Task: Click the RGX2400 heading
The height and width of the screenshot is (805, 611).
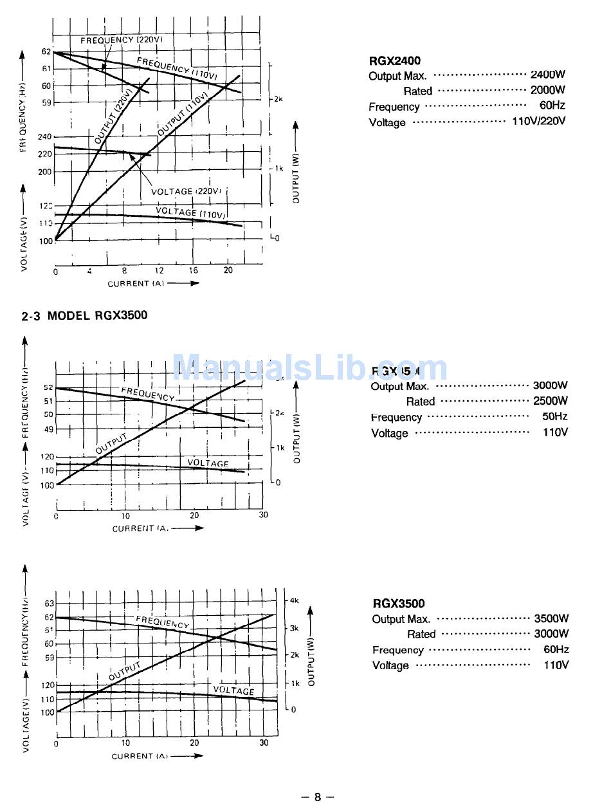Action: pyautogui.click(x=394, y=60)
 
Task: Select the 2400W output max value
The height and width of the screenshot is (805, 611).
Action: pyautogui.click(x=547, y=75)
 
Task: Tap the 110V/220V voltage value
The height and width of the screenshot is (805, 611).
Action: pyautogui.click(x=538, y=122)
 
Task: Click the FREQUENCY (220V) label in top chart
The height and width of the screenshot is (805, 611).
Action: pyautogui.click(x=122, y=40)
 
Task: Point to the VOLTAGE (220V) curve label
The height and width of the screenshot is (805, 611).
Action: pyautogui.click(x=187, y=191)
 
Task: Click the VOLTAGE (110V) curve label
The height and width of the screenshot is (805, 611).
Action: pyautogui.click(x=190, y=212)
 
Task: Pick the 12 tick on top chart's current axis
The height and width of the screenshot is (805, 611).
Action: pyautogui.click(x=159, y=271)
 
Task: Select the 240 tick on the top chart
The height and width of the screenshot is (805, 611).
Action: pyautogui.click(x=45, y=137)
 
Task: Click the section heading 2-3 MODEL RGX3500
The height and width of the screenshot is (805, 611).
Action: pyautogui.click(x=84, y=315)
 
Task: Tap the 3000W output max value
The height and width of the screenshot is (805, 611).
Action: pyautogui.click(x=550, y=385)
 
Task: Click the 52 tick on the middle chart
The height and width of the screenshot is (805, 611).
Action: pyautogui.click(x=48, y=387)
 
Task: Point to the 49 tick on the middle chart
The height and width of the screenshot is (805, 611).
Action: pyautogui.click(x=48, y=429)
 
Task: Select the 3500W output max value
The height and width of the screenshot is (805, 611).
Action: pyautogui.click(x=551, y=618)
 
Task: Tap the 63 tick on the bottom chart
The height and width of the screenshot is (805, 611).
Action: pyautogui.click(x=49, y=604)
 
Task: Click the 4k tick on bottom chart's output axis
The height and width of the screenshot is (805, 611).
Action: pyautogui.click(x=295, y=600)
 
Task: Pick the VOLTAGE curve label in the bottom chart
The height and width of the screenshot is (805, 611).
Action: pyautogui.click(x=233, y=690)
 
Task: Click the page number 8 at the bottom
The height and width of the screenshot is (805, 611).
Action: pyautogui.click(x=318, y=797)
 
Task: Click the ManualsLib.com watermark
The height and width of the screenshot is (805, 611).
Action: pyautogui.click(x=309, y=368)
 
